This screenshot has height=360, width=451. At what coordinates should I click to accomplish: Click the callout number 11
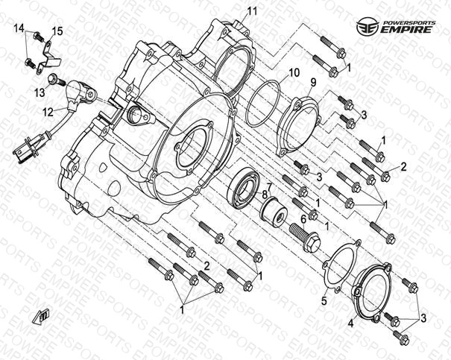point(252,10)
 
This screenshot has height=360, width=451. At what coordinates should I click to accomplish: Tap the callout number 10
point(294,73)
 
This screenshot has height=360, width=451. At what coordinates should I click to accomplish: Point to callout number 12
point(48,112)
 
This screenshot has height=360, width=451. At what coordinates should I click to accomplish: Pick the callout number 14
point(19,28)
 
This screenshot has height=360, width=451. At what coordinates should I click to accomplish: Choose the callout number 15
point(57,31)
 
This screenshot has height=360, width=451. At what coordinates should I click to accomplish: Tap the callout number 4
point(350,323)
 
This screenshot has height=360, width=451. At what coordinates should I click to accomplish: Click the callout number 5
point(324,301)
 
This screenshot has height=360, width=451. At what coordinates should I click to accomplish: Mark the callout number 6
point(303,219)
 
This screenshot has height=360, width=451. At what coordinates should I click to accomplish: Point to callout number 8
point(264,195)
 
